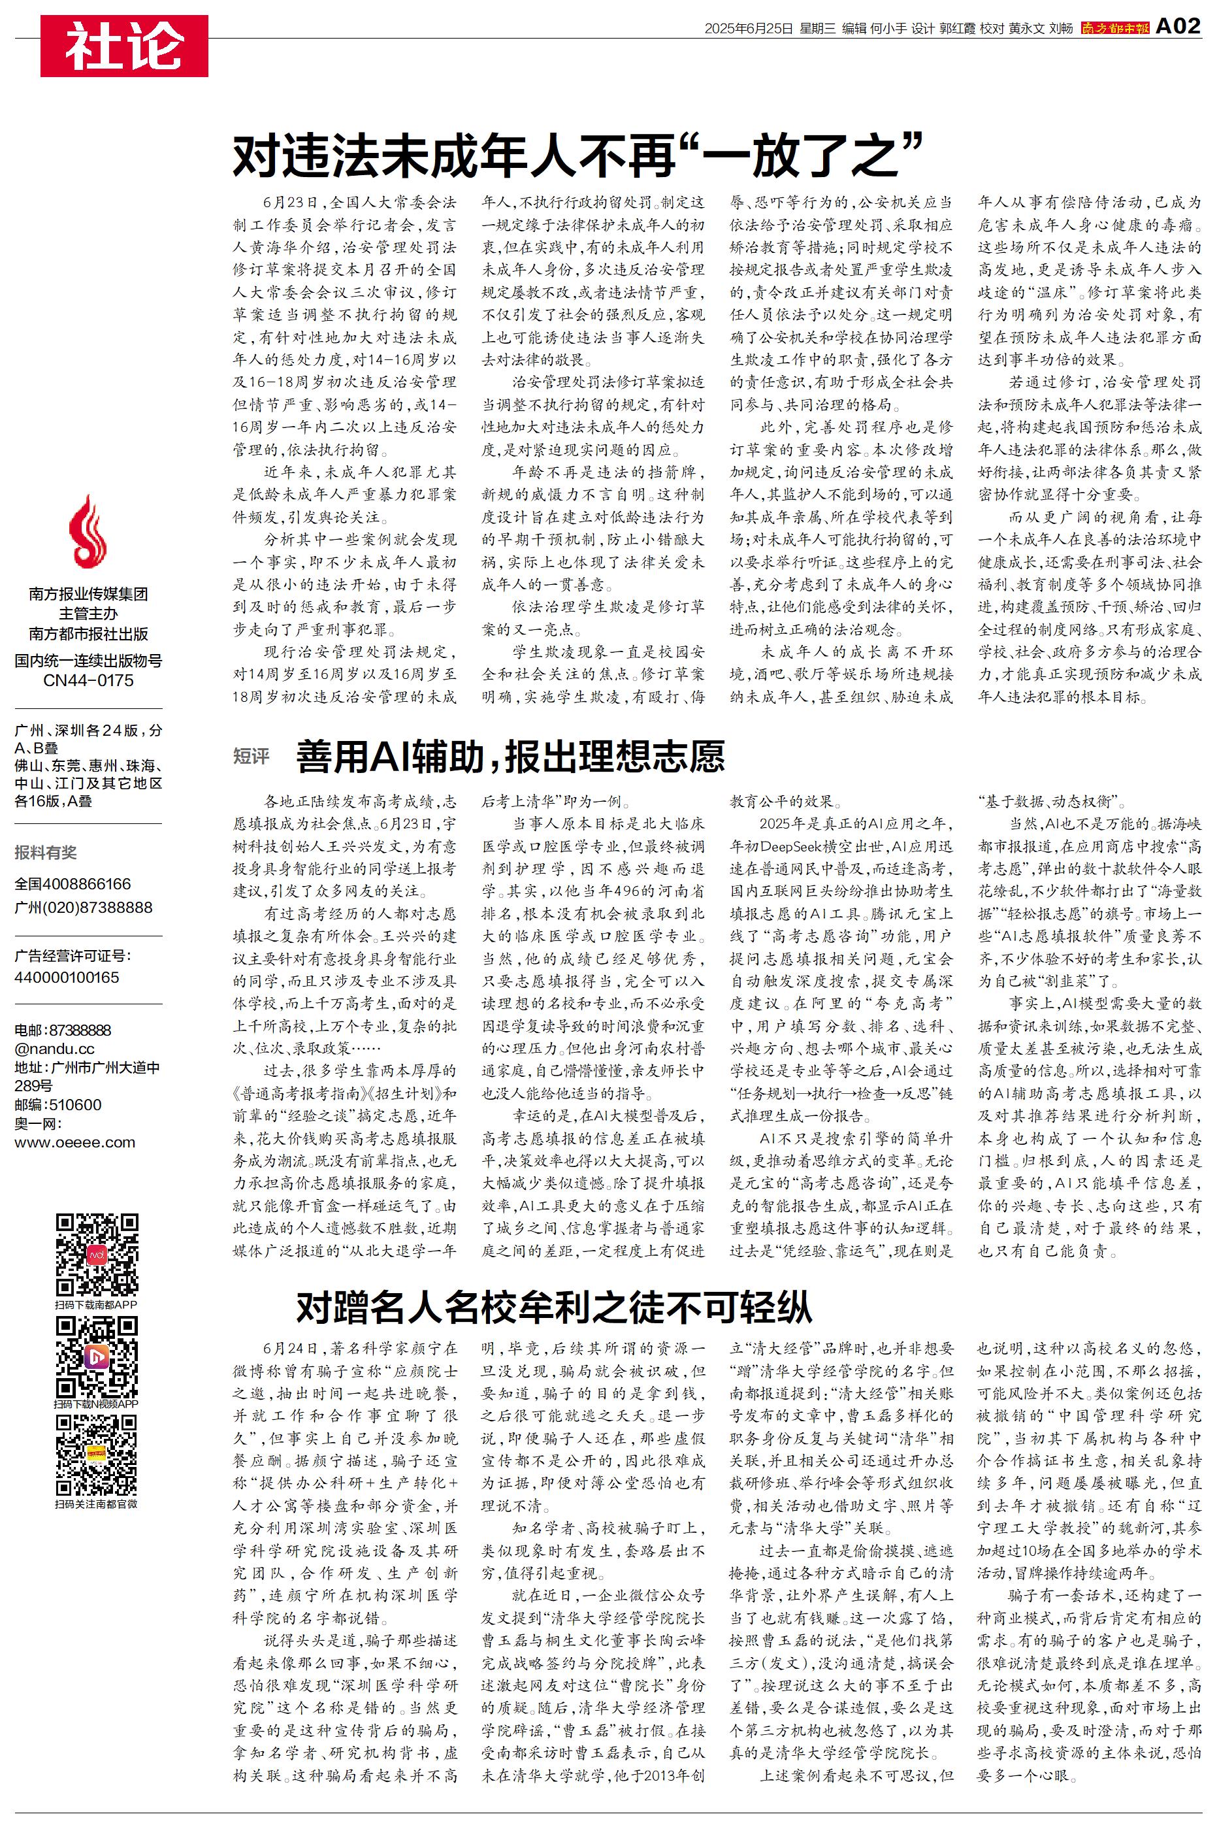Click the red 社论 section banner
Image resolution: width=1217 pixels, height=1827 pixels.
click(x=124, y=46)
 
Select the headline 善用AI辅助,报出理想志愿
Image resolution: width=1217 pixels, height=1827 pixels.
click(x=510, y=756)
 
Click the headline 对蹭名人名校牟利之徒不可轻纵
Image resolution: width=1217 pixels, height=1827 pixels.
click(x=553, y=1307)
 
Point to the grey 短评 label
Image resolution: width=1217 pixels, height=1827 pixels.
click(x=252, y=757)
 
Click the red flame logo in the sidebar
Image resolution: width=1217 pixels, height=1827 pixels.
click(x=87, y=533)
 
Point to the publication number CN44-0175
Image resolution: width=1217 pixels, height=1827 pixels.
click(x=88, y=681)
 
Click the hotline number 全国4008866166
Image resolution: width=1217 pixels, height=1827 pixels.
click(x=73, y=884)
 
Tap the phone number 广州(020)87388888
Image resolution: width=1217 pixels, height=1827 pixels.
click(x=83, y=907)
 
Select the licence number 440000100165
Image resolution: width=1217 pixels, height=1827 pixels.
click(x=67, y=977)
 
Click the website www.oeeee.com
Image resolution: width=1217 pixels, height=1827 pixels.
click(x=74, y=1142)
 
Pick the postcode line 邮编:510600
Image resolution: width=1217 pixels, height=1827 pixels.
click(x=57, y=1104)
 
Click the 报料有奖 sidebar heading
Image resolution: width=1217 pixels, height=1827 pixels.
click(x=46, y=852)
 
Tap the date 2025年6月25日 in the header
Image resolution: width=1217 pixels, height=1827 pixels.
click(x=748, y=29)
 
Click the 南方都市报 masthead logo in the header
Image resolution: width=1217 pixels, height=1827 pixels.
click(x=1114, y=29)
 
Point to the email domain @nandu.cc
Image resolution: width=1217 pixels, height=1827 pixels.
click(x=54, y=1049)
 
